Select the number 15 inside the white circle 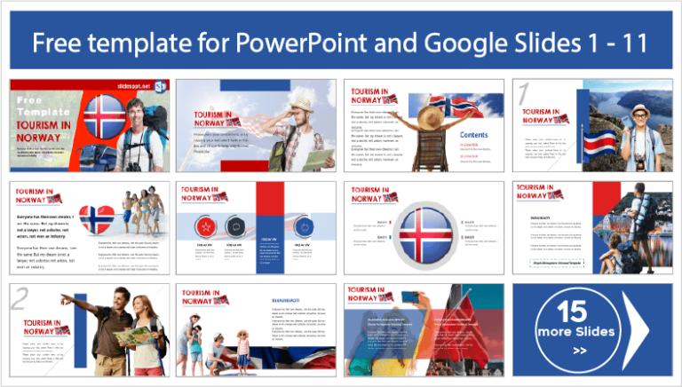coord(575,311)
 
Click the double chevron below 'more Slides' coord(579,350)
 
